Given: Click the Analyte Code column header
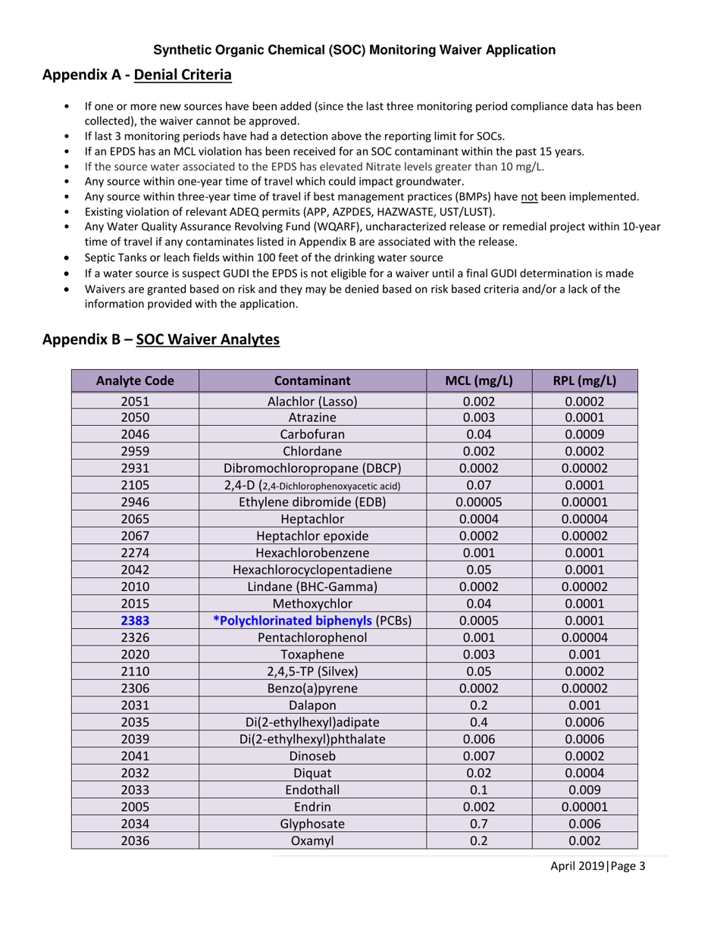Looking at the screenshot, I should (x=135, y=379).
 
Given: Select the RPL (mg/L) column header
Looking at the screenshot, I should (x=584, y=379).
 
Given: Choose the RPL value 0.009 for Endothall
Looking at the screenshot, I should (x=584, y=792).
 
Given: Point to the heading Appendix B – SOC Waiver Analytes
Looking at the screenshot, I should (x=161, y=340).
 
